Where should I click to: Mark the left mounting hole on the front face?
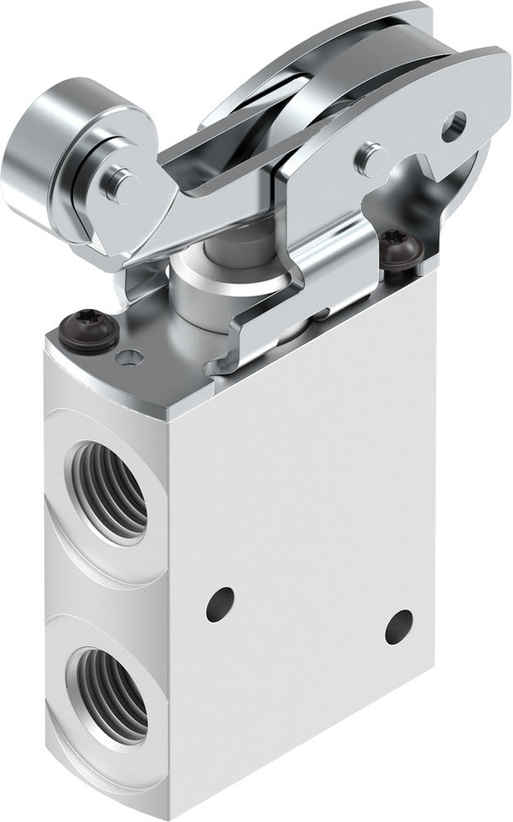(220, 604)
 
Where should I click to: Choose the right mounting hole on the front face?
(400, 626)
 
